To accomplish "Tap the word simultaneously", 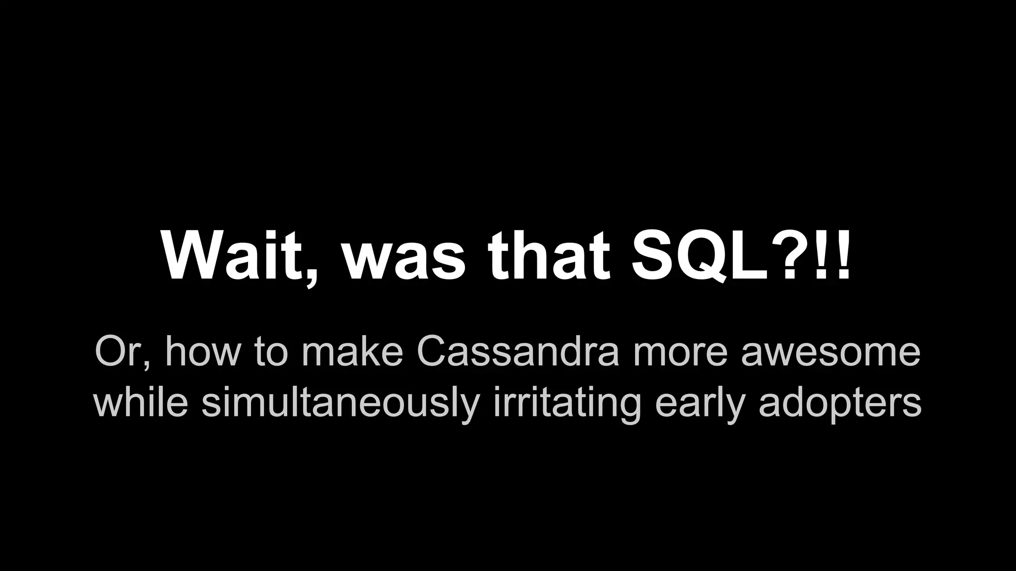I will click(x=340, y=402).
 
